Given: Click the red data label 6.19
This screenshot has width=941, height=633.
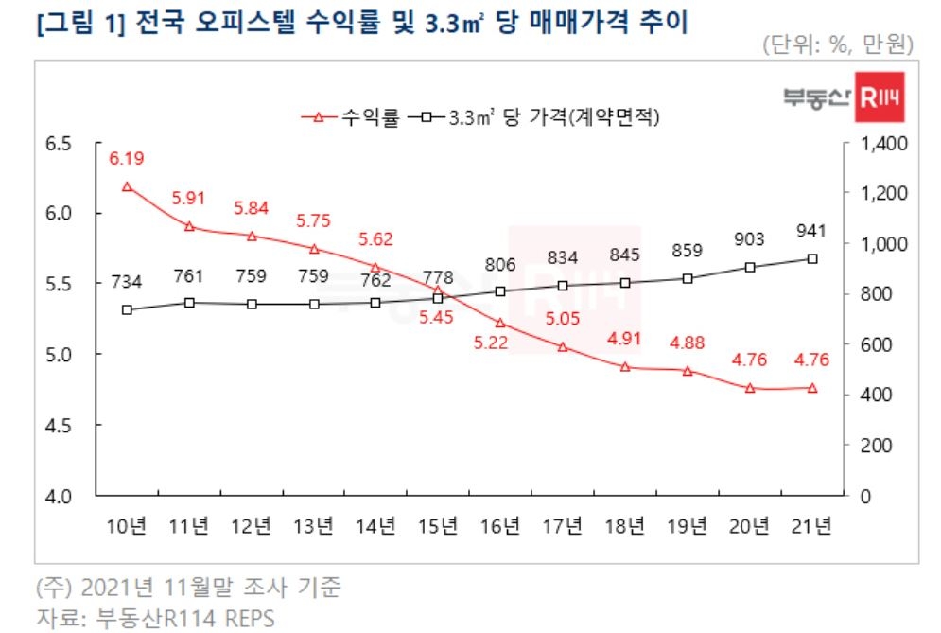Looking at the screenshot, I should pos(127,159).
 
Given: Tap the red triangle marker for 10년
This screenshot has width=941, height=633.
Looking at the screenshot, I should pos(127,187).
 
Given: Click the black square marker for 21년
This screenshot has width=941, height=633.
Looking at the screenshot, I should pos(812,258).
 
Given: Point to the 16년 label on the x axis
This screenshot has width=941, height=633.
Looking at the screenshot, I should pos(500,525).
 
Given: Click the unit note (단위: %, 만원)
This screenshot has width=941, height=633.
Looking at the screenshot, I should pos(837,44).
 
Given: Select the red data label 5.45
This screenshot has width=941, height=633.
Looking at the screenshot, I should pos(438,317).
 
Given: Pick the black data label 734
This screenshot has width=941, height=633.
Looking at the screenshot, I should pos(127,280).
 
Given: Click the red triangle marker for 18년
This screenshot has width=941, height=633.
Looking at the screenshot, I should pos(625,366).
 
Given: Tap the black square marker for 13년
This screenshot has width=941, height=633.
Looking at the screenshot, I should pos(314,304).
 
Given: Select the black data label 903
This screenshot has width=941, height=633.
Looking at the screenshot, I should pos(750,239).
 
